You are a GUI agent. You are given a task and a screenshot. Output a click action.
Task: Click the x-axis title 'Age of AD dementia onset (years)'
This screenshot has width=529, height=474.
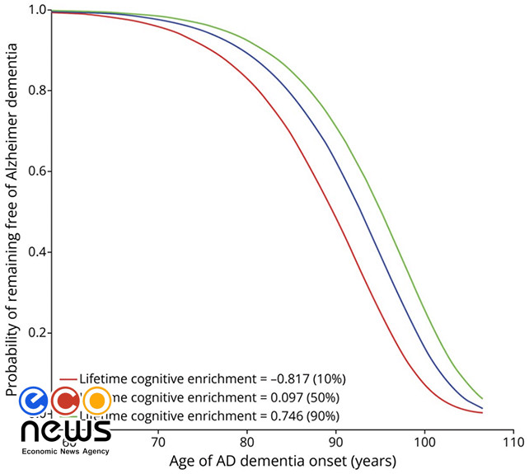[x=282, y=460]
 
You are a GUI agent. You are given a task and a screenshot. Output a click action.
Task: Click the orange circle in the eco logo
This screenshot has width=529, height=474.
[x=96, y=401]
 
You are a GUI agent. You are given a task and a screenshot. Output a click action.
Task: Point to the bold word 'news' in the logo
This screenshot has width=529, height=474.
[x=65, y=430]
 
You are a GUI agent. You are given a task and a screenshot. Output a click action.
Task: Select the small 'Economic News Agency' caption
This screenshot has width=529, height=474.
[x=65, y=452]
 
